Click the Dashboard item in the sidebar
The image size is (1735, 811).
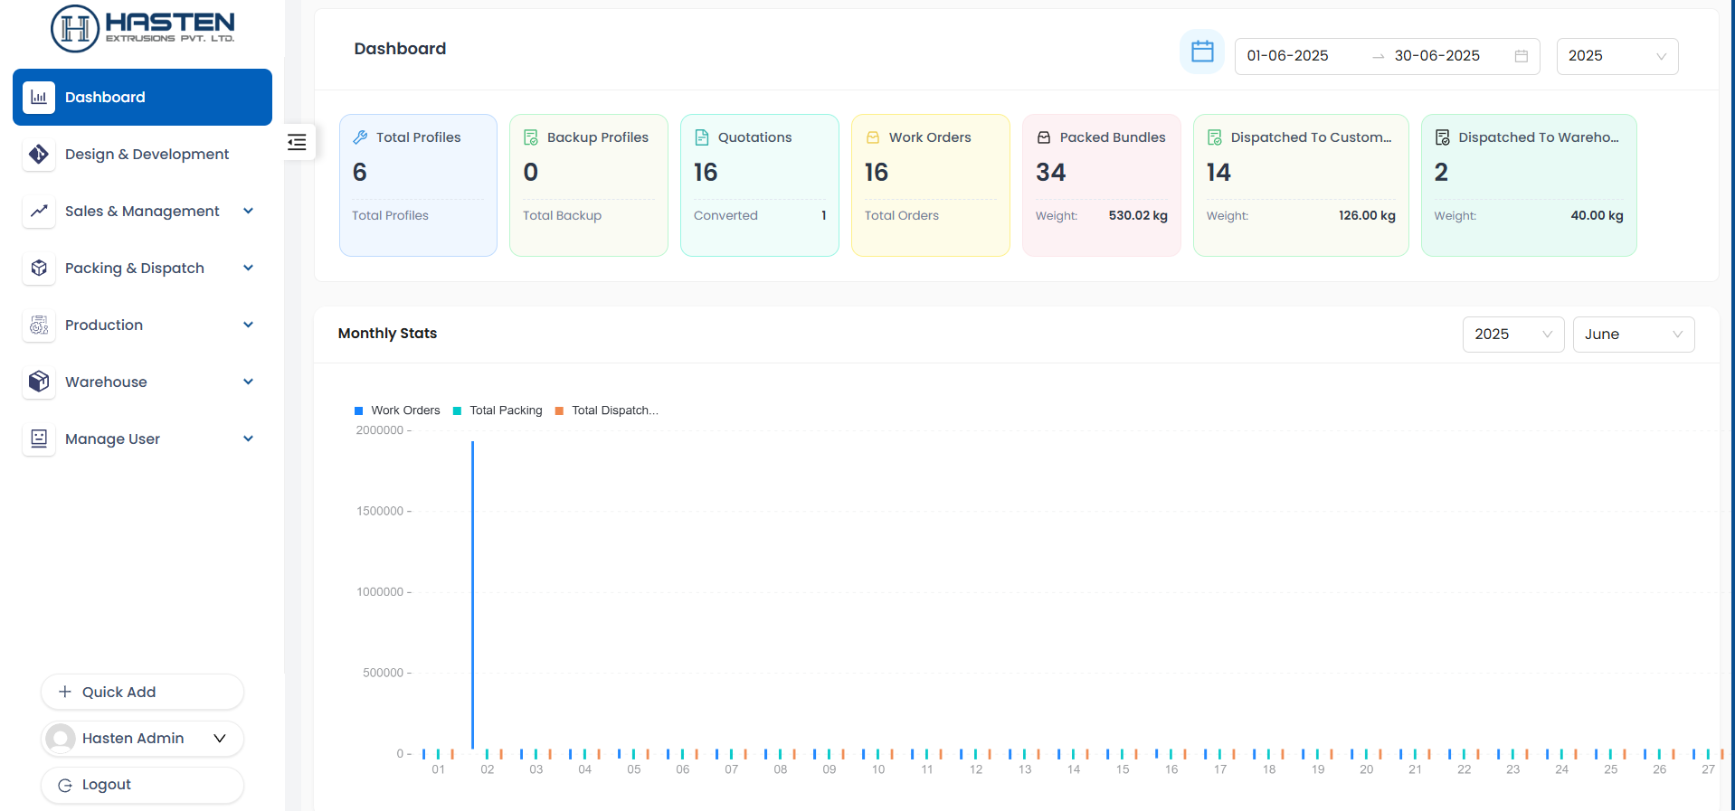click(x=142, y=97)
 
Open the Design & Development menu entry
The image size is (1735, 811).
click(x=147, y=155)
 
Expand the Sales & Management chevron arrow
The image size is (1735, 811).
click(x=248, y=211)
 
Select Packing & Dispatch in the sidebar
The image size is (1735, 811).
click(x=135, y=269)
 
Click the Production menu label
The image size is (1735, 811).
click(x=104, y=325)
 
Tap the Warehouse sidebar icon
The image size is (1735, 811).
click(x=39, y=382)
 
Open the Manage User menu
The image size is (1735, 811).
click(x=112, y=439)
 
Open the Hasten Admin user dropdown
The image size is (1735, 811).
click(x=142, y=739)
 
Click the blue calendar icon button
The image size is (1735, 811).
click(x=1202, y=52)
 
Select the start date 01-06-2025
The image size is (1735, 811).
click(x=1287, y=56)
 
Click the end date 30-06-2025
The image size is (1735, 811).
click(x=1436, y=56)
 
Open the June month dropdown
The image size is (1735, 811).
click(x=1633, y=335)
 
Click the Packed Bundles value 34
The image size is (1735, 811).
click(x=1050, y=173)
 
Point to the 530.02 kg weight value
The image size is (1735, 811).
click(x=1138, y=216)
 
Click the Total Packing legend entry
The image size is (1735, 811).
click(x=505, y=410)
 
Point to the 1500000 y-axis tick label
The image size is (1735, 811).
click(x=380, y=512)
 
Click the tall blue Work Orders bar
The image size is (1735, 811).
click(x=472, y=597)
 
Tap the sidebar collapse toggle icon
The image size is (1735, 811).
click(x=297, y=142)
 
